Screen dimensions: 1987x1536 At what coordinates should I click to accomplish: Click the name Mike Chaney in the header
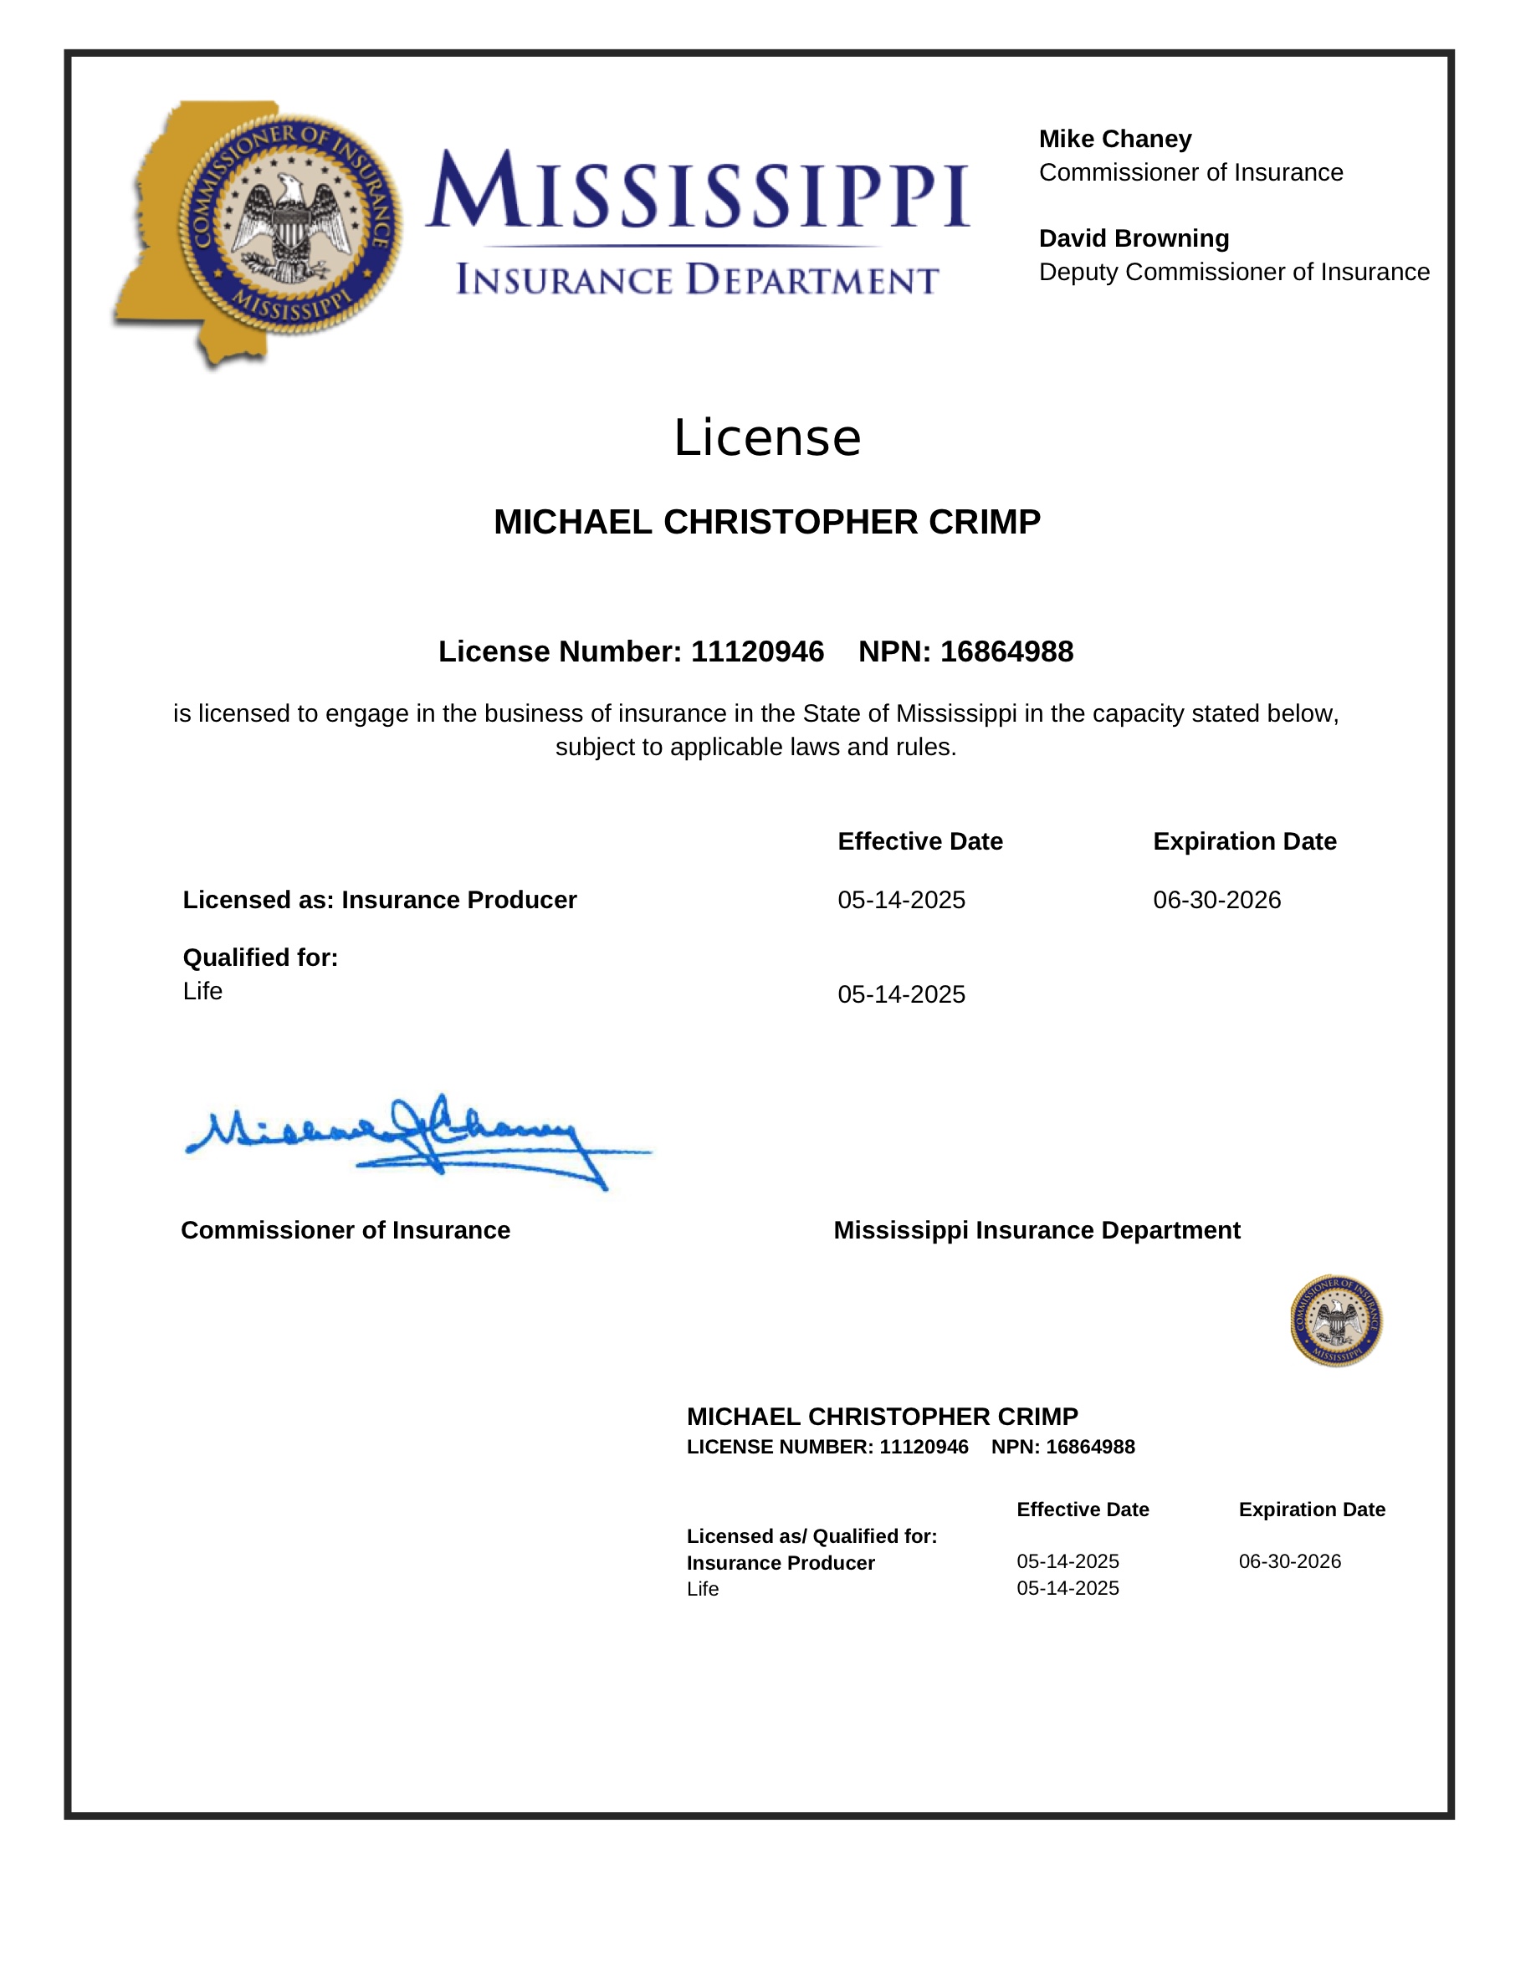click(1114, 139)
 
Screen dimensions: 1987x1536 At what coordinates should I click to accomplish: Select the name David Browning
click(1134, 238)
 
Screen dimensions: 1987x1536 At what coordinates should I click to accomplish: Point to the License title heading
click(767, 437)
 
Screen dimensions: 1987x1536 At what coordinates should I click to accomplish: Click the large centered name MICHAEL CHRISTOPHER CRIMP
click(767, 522)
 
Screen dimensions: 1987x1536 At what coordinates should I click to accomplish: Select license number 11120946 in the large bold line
click(757, 651)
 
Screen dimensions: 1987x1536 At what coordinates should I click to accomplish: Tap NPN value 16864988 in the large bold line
click(1006, 651)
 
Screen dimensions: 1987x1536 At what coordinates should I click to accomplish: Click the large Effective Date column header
click(920, 841)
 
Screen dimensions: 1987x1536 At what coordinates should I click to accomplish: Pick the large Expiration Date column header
click(1245, 841)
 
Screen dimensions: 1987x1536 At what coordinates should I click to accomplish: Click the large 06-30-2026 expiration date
click(1216, 900)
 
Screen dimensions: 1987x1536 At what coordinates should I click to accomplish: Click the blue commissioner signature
click(409, 1142)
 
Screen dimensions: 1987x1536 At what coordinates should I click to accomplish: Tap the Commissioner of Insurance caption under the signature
click(346, 1230)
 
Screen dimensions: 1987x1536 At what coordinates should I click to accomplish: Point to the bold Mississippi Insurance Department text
click(1037, 1230)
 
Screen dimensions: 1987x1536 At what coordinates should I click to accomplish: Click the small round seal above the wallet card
click(1336, 1320)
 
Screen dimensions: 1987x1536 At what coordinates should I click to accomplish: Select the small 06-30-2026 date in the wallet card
click(1289, 1561)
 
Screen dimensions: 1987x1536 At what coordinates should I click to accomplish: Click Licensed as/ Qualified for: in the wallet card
click(812, 1535)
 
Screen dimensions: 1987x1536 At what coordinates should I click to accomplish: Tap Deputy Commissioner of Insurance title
click(1234, 272)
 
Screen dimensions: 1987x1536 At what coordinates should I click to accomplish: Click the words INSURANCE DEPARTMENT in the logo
click(697, 280)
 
